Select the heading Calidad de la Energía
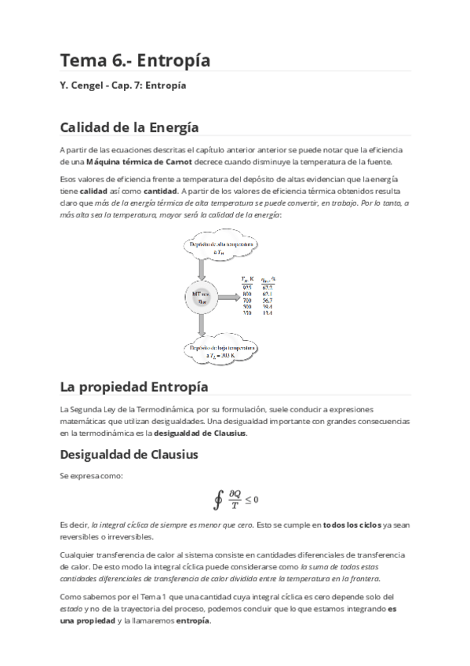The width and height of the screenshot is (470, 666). (129, 126)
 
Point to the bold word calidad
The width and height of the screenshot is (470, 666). (93, 191)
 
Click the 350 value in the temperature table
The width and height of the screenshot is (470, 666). (246, 314)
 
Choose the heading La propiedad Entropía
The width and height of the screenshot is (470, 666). (133, 387)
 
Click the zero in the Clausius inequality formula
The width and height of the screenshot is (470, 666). (257, 499)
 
